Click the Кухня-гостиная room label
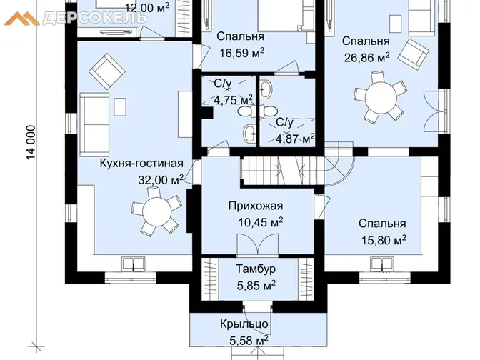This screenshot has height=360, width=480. click(141, 164)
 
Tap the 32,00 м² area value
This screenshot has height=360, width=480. click(161, 180)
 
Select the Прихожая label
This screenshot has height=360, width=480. click(256, 206)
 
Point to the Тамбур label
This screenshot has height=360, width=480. click(256, 269)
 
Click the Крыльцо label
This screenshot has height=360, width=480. click(244, 324)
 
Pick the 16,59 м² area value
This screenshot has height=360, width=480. click(241, 54)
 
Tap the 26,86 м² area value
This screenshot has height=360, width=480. click(367, 58)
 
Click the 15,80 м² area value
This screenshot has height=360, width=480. click(384, 240)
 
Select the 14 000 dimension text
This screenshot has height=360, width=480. click(31, 143)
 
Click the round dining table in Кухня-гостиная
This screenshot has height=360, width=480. click(156, 212)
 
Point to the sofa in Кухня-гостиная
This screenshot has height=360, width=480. click(94, 124)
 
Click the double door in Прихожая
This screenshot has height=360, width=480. click(258, 244)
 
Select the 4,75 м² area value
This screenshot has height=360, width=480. click(234, 99)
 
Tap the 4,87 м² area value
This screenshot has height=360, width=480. click(295, 139)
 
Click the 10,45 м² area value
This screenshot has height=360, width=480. click(260, 223)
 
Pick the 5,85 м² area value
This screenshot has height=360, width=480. click(256, 285)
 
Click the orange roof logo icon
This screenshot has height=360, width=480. click(21, 19)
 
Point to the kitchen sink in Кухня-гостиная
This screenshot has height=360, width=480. click(133, 264)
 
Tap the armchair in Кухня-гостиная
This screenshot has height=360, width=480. click(107, 71)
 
